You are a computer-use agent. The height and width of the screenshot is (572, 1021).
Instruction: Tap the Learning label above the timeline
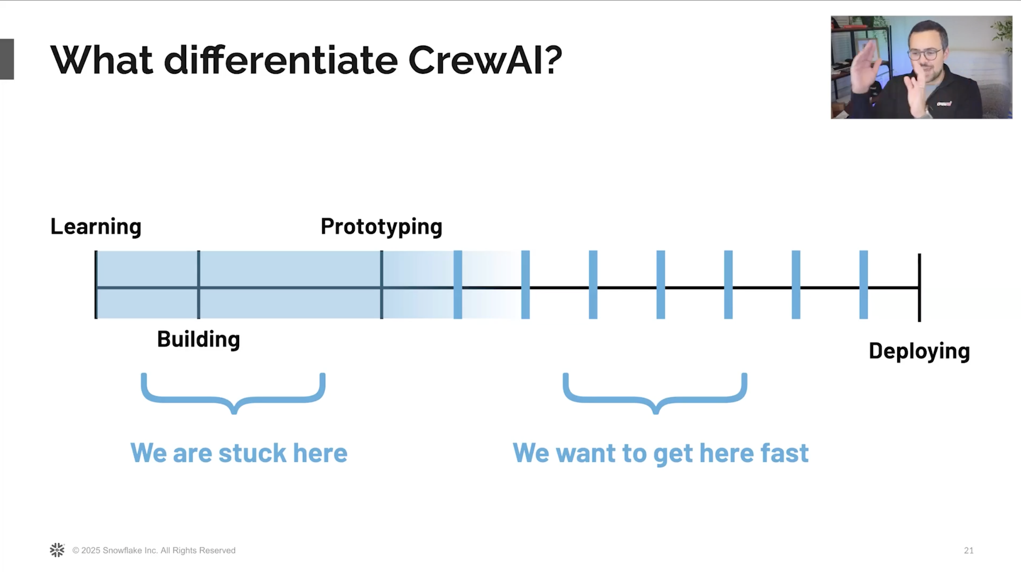pyautogui.click(x=96, y=227)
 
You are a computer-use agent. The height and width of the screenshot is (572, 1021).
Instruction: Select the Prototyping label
pyautogui.click(x=381, y=227)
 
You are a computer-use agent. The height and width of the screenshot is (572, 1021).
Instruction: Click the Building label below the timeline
pyautogui.click(x=198, y=339)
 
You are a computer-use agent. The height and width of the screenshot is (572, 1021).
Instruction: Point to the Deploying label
pyautogui.click(x=919, y=351)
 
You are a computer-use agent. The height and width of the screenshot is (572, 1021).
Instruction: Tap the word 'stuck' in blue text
pyautogui.click(x=252, y=453)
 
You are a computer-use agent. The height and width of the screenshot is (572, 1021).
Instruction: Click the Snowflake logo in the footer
pyautogui.click(x=57, y=550)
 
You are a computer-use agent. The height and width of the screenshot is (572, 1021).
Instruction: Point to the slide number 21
pyautogui.click(x=968, y=551)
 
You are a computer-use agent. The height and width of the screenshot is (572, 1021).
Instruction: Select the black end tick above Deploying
pyautogui.click(x=919, y=287)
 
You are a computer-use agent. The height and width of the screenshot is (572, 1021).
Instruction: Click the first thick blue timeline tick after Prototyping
pyautogui.click(x=457, y=285)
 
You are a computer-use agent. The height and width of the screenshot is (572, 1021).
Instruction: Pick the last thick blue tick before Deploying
pyautogui.click(x=863, y=285)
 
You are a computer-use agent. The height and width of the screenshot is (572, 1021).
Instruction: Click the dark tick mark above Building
pyautogui.click(x=198, y=285)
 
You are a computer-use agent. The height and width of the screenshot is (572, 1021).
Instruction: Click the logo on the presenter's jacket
pyautogui.click(x=944, y=104)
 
